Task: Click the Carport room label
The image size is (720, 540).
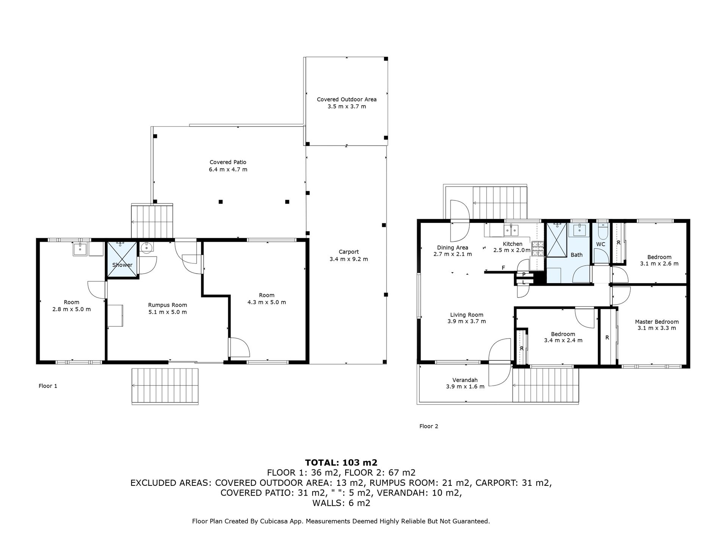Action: coord(349,252)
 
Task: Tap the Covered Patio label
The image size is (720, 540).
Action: coord(228,162)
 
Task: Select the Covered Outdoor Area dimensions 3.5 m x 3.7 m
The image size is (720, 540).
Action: coord(347,106)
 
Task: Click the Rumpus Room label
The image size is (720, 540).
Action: coord(167,305)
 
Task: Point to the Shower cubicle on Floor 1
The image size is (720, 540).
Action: coord(122,260)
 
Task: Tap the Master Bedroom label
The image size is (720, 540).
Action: coord(657,322)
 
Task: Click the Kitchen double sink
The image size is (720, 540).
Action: coord(511,230)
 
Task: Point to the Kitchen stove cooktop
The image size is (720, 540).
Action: coord(538,248)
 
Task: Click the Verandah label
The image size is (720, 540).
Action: coord(465,380)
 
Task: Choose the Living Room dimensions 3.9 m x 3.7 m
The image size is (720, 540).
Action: coord(466,321)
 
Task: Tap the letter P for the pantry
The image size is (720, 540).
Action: coord(524,275)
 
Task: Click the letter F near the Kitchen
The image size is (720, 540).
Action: coord(503,268)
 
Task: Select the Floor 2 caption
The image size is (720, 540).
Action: coord(429,426)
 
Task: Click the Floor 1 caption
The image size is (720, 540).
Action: coord(48,386)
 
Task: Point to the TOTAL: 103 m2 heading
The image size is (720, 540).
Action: coord(341,463)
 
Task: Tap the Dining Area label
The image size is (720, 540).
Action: coord(452,248)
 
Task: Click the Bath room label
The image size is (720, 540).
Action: coord(576,255)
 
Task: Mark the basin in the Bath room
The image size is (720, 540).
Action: coord(579,229)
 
